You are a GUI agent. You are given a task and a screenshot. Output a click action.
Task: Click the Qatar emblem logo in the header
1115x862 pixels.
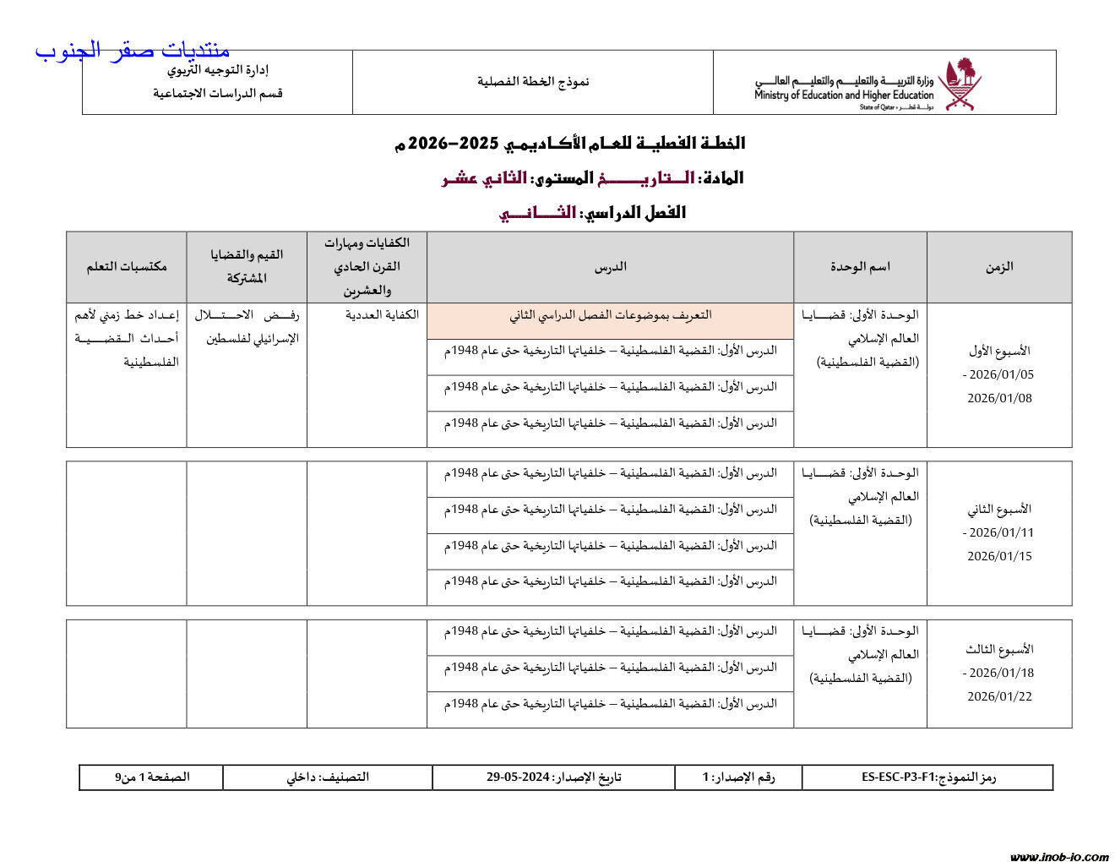[x=960, y=83]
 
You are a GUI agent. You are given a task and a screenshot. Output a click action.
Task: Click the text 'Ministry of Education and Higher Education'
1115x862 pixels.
[x=843, y=95]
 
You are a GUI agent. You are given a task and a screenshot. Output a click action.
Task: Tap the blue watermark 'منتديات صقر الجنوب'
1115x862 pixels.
[x=132, y=51]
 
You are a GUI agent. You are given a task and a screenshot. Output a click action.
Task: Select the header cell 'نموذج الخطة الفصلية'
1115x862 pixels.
[x=533, y=82]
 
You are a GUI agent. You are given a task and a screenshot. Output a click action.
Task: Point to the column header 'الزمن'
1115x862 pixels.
[x=999, y=267]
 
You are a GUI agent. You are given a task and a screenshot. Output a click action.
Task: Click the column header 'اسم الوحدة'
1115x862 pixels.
[x=860, y=267]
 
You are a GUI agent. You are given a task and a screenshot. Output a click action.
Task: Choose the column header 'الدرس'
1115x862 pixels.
[x=610, y=267]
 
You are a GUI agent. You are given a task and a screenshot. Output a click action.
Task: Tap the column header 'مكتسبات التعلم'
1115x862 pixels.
[x=127, y=267]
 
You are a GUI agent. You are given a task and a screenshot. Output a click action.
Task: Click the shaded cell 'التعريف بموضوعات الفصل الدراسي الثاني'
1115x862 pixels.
[x=610, y=315]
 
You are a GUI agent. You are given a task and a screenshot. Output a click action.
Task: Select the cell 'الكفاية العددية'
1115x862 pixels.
[x=382, y=315]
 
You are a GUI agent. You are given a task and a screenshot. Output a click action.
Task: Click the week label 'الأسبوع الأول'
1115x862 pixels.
[x=999, y=351]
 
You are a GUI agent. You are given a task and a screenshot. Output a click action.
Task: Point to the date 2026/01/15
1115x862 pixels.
[x=999, y=556]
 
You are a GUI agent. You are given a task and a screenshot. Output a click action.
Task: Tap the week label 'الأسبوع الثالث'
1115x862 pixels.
[x=999, y=650]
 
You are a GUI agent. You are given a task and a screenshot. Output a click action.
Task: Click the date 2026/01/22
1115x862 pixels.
[x=999, y=696]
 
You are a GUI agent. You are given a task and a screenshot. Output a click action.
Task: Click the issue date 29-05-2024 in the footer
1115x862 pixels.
[x=518, y=777]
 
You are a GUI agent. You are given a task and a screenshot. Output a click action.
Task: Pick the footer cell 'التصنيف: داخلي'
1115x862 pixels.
[x=328, y=777]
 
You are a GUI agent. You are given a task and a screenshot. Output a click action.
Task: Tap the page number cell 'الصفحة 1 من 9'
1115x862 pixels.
[x=152, y=777]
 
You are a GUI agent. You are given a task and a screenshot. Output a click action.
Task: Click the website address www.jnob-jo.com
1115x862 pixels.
[x=1058, y=856]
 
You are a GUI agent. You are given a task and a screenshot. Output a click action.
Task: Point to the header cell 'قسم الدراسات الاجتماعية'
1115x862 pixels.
[x=218, y=94]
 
